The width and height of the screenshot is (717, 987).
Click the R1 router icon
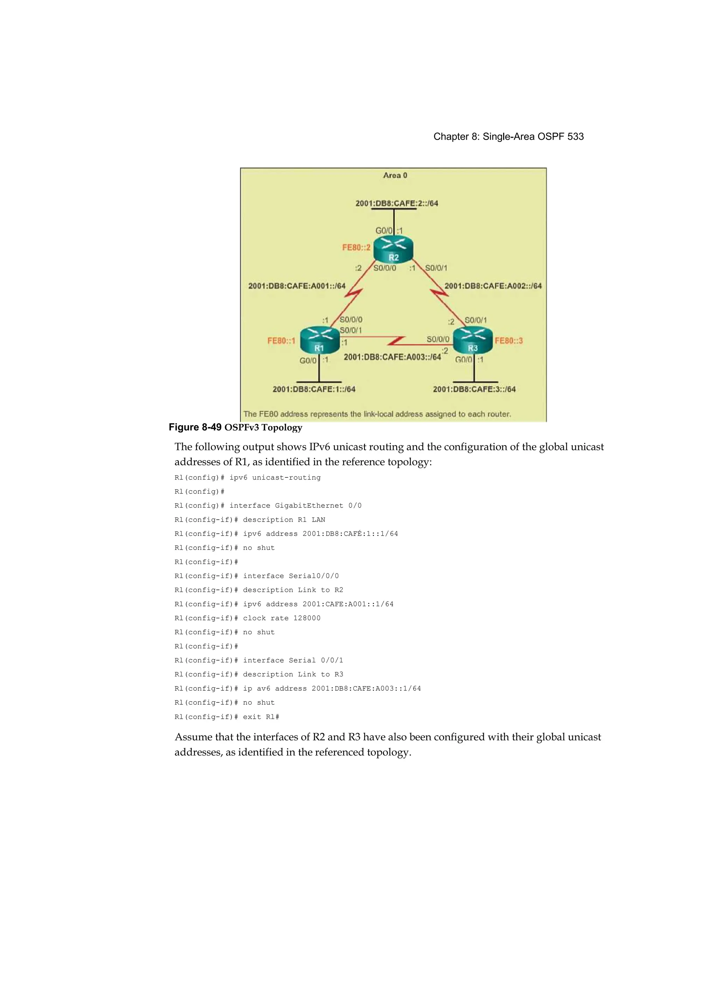tap(320, 340)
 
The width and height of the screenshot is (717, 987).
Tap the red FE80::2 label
tap(356, 248)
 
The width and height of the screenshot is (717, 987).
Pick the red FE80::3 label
tap(509, 340)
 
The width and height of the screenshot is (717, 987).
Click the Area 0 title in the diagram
tap(395, 175)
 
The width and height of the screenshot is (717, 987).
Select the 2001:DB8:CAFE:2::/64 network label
tap(396, 203)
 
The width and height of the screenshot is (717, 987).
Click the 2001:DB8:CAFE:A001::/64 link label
tap(297, 286)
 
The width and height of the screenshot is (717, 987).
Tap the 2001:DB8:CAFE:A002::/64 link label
tap(493, 286)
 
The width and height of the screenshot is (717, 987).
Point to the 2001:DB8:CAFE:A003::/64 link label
tap(392, 357)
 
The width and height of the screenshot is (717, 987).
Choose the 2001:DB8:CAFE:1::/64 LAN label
tap(314, 389)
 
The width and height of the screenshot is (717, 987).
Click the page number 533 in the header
tap(575, 137)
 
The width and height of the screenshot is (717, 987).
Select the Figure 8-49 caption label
tap(195, 427)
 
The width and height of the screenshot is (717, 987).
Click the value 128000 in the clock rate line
tap(307, 618)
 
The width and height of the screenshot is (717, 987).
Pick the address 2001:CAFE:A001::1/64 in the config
tap(348, 604)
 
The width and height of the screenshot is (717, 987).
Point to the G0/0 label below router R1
tap(308, 361)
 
